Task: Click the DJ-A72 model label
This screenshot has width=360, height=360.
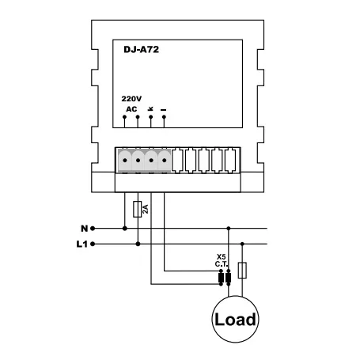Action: [x=142, y=50]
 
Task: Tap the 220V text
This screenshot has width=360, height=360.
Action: [x=131, y=99]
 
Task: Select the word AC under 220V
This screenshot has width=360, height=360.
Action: [x=131, y=109]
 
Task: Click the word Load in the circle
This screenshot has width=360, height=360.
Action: [x=235, y=320]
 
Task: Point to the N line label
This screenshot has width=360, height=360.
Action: [x=84, y=229]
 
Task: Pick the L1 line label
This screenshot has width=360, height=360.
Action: [x=81, y=244]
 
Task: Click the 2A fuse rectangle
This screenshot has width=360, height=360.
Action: [x=137, y=210]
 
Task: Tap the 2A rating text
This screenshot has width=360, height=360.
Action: [x=146, y=209]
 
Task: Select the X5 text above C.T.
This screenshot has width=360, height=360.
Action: [x=221, y=257]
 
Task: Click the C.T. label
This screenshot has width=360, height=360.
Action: [x=222, y=264]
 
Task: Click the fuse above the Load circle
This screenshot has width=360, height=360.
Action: [x=242, y=271]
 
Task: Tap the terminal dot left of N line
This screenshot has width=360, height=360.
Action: [x=93, y=229]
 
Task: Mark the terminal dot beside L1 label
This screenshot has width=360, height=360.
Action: [x=93, y=244]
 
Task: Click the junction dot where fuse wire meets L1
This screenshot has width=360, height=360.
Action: [x=138, y=244]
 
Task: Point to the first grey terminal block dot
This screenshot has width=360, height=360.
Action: [x=125, y=161]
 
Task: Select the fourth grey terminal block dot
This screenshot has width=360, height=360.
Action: [x=165, y=161]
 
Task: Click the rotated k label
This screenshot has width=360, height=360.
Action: [x=151, y=108]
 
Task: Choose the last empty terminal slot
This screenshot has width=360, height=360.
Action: [x=230, y=161]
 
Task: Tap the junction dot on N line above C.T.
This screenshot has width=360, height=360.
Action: [x=229, y=228]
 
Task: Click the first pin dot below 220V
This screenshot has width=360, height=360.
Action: [x=124, y=117]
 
